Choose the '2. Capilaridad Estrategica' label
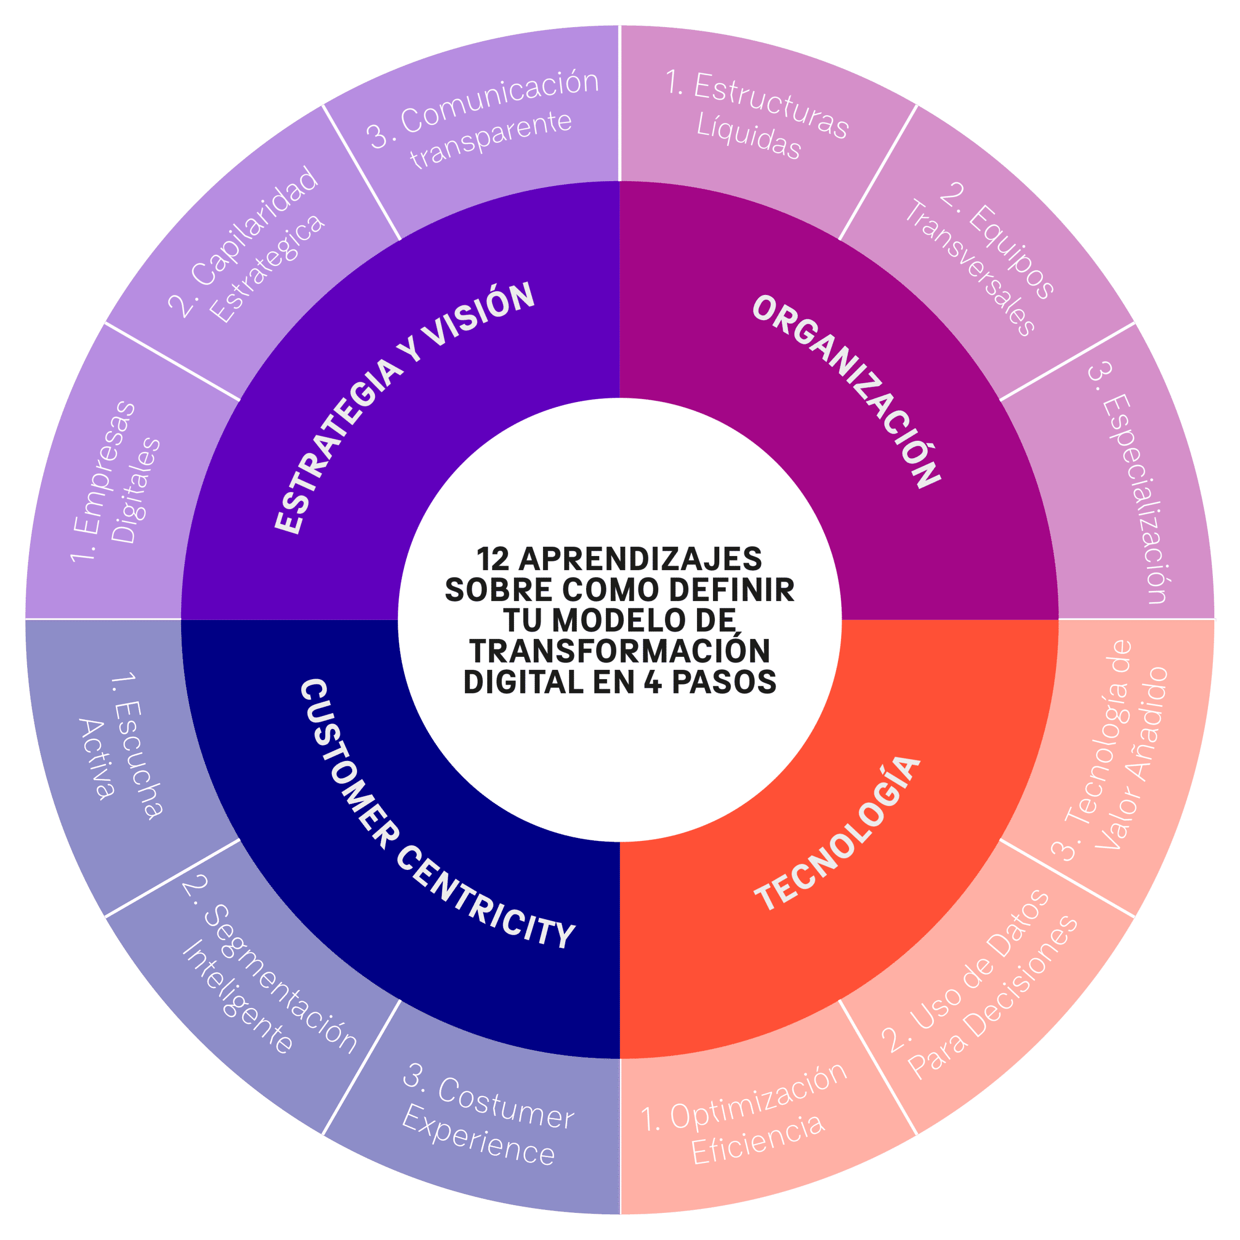coord(247,247)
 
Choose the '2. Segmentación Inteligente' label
coord(266,979)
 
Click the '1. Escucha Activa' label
coord(122,748)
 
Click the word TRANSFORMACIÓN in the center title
coord(620,651)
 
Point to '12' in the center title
coord(493,559)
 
